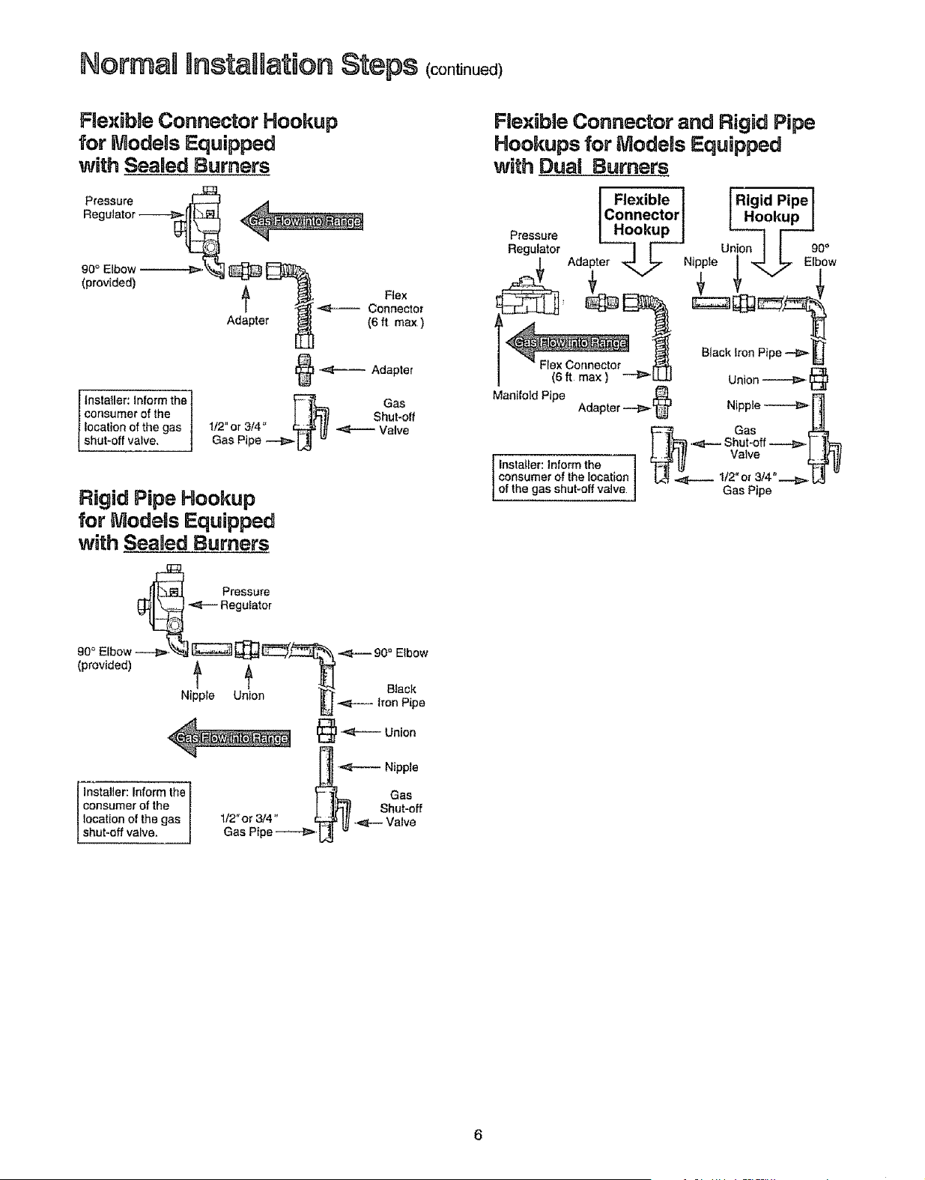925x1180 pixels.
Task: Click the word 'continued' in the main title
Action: pos(464,70)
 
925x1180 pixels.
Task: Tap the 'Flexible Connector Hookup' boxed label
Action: pos(641,214)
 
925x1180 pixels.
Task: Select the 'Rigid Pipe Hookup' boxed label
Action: pos(771,208)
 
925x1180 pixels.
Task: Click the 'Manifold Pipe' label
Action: pos(528,396)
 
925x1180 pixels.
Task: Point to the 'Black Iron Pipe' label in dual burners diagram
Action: pos(741,352)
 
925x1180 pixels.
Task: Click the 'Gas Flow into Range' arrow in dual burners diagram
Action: pos(567,342)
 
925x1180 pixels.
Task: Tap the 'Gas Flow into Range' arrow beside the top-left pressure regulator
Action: pos(302,221)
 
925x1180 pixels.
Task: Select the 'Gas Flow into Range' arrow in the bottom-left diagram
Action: pos(229,737)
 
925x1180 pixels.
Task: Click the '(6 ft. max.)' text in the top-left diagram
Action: pos(395,323)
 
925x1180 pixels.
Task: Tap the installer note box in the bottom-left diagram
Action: pos(134,812)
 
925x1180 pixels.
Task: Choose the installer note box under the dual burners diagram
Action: pos(564,477)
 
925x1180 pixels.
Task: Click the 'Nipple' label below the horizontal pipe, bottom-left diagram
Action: pos(198,695)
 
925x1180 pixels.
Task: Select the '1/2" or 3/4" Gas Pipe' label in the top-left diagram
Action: pos(237,433)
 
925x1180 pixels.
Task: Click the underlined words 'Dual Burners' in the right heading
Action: pos(603,166)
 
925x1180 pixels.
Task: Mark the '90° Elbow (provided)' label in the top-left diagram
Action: pos(109,276)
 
